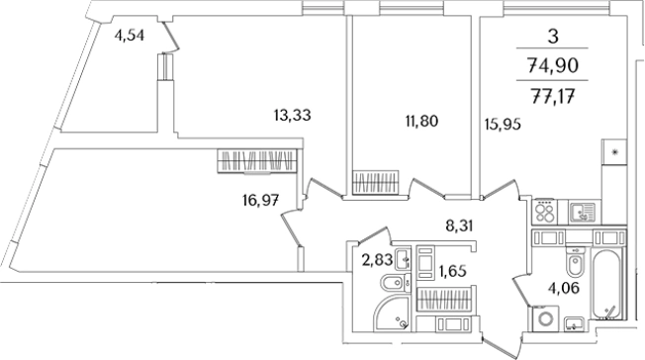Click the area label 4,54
(130, 36)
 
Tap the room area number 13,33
(293, 115)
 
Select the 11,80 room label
(421, 122)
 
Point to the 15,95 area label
(503, 124)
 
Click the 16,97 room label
(261, 201)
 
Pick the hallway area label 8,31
(459, 225)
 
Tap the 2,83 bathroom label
(376, 260)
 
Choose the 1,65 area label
(452, 272)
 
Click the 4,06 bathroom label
(564, 288)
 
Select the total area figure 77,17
(552, 98)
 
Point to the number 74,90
(552, 65)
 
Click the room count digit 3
(553, 37)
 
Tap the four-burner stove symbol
(544, 212)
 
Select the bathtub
(608, 284)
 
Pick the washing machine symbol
(545, 318)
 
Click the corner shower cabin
(392, 314)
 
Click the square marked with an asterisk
(614, 152)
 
